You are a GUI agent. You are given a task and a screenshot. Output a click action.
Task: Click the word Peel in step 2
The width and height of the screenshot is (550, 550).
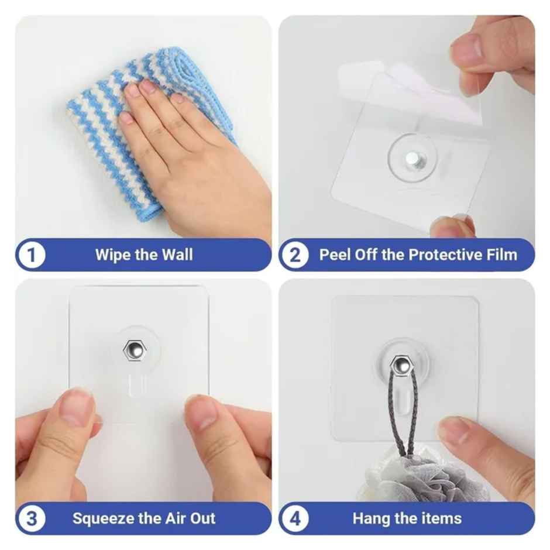[334, 255]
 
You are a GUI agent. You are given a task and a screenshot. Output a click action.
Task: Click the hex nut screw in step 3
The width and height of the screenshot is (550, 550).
[132, 350]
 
